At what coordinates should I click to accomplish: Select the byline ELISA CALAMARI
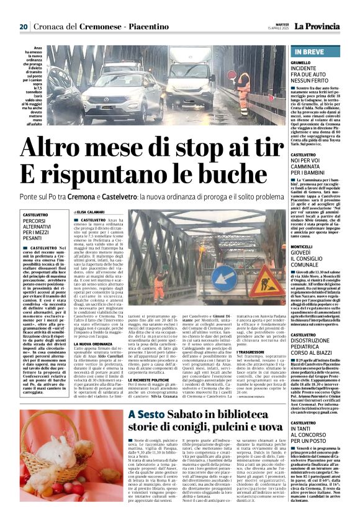click(91, 212)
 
